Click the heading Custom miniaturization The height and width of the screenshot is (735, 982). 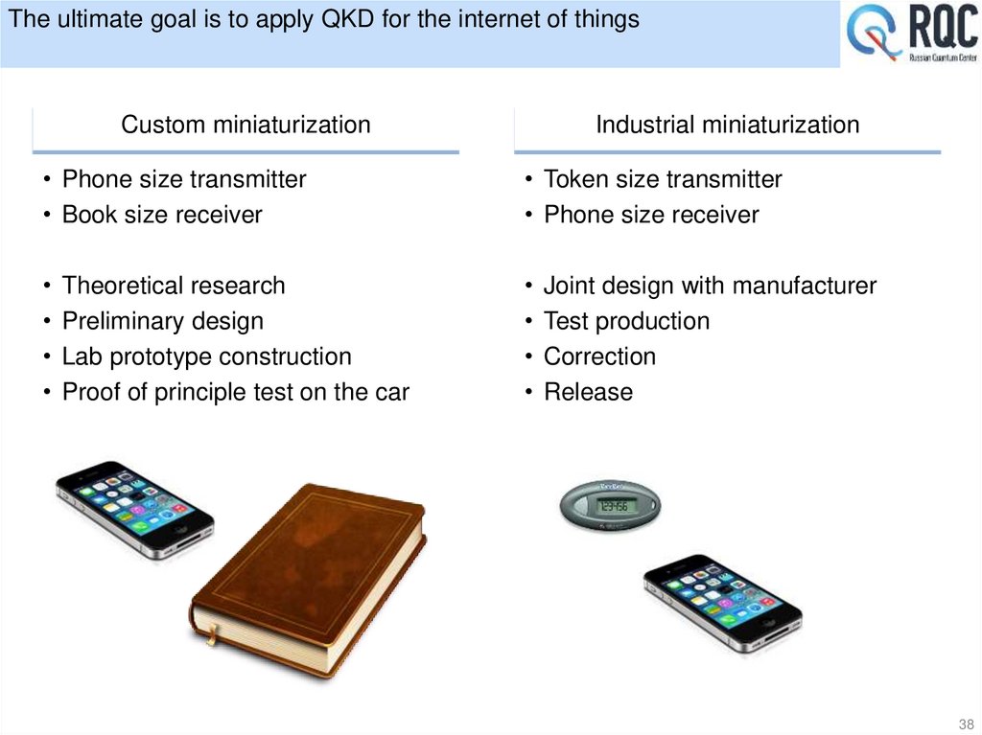pyautogui.click(x=245, y=125)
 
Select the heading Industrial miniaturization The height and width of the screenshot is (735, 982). pyautogui.click(x=727, y=125)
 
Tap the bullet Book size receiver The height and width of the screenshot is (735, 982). pyautogui.click(x=161, y=215)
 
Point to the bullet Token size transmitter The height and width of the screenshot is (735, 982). pyautogui.click(x=662, y=179)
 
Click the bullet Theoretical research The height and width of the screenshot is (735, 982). pyautogui.click(x=173, y=286)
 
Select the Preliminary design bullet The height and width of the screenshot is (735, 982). pyautogui.click(x=162, y=321)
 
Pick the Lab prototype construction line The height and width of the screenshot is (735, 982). pyautogui.click(x=206, y=356)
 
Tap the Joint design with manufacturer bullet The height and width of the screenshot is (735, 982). pyautogui.click(x=709, y=286)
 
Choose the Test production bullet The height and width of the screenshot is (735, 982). pyautogui.click(x=626, y=321)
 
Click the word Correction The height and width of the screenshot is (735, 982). pyautogui.click(x=599, y=356)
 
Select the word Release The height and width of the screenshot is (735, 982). pyautogui.click(x=588, y=392)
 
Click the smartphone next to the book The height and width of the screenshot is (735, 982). pyautogui.click(x=134, y=509)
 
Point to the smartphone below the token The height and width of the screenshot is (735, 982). pyautogui.click(x=722, y=603)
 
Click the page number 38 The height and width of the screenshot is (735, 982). pyautogui.click(x=964, y=722)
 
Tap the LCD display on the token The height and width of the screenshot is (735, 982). pyautogui.click(x=612, y=505)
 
